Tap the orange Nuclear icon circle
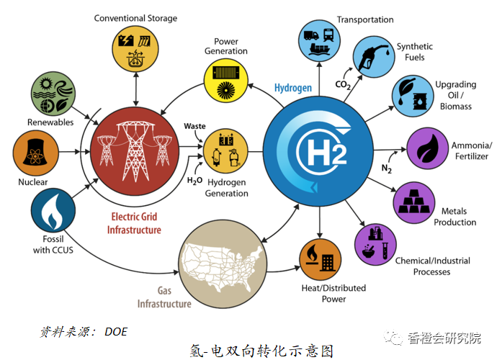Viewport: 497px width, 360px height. pyautogui.click(x=33, y=153)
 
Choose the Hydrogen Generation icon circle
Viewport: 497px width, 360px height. pyautogui.click(x=225, y=150)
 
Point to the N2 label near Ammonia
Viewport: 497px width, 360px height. pyautogui.click(x=385, y=168)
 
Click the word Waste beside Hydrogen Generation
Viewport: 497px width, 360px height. pyautogui.click(x=194, y=126)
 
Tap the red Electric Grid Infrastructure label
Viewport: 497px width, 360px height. pyautogui.click(x=135, y=222)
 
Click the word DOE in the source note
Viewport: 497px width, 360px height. pyautogui.click(x=116, y=331)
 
